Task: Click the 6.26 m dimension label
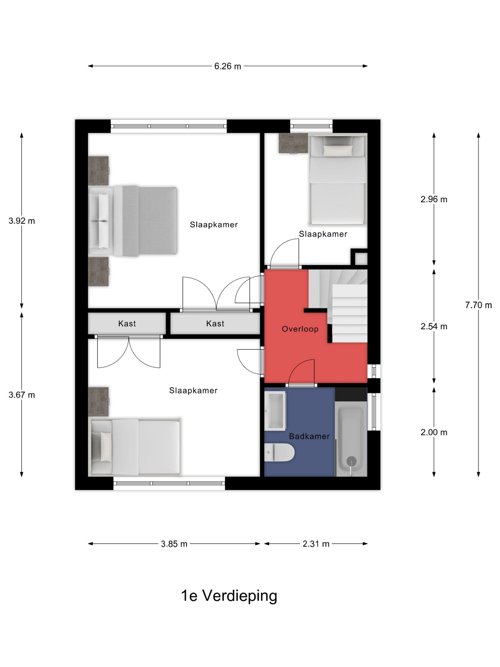click(x=228, y=66)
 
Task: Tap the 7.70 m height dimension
click(x=478, y=305)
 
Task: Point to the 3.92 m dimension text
click(x=22, y=221)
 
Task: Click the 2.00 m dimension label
click(x=434, y=432)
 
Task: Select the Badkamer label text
click(x=309, y=436)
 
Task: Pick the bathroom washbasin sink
click(x=275, y=410)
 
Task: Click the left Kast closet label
click(x=127, y=324)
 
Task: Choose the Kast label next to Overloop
click(x=215, y=324)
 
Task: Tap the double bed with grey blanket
click(x=133, y=221)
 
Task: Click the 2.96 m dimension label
click(x=434, y=199)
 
